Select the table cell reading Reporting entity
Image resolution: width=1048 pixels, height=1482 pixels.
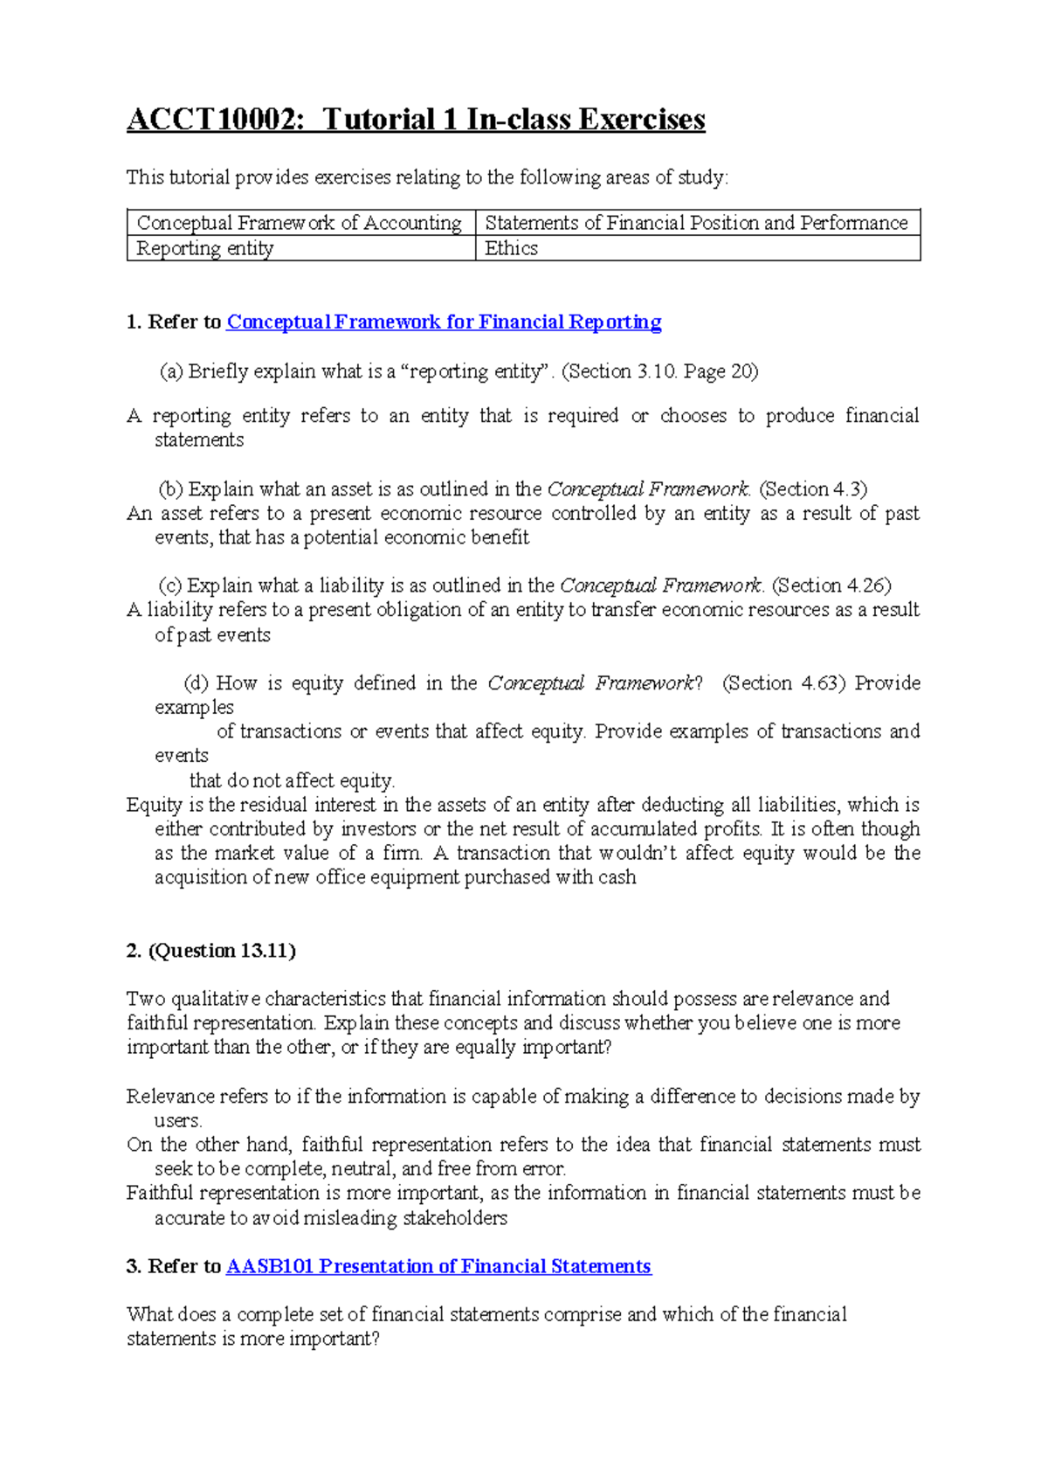[205, 249]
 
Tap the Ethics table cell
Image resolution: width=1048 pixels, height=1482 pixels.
[511, 249]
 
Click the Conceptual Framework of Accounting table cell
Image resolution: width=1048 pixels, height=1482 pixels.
[299, 224]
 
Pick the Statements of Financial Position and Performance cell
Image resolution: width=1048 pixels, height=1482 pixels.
[696, 224]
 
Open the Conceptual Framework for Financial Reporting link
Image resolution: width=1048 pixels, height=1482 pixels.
[444, 322]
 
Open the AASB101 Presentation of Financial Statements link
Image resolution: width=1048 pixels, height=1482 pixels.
[438, 1267]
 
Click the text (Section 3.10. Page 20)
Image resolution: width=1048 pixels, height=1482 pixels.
[659, 371]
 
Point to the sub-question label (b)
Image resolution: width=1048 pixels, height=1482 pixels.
[171, 489]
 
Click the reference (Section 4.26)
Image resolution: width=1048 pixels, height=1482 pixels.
[831, 585]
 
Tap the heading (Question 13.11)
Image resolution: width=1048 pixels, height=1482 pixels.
[222, 951]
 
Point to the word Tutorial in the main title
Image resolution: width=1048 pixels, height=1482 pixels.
[379, 120]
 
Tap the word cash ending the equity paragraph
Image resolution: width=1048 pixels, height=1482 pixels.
[617, 877]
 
